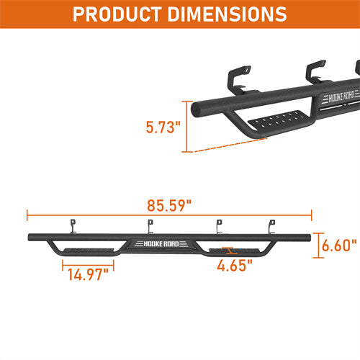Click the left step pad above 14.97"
pos(85,251)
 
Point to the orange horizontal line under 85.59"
pos(168,214)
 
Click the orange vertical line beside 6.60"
pos(320,245)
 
